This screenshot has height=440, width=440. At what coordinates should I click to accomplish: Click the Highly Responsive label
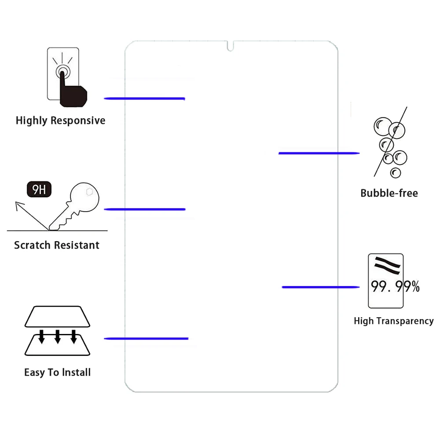(60, 121)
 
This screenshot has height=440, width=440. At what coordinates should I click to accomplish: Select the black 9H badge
(39, 190)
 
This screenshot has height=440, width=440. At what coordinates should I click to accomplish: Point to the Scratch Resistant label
(57, 245)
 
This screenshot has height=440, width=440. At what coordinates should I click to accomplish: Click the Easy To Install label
(57, 372)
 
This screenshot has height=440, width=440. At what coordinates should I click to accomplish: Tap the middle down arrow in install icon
(57, 336)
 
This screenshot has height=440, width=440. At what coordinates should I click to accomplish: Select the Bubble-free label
(389, 193)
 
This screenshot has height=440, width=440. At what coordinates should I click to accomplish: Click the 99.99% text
(395, 287)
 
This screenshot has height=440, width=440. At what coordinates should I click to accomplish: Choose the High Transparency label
(393, 321)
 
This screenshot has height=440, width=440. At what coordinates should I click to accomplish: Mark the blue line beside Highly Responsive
(144, 98)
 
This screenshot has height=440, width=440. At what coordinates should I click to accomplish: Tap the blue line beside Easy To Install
(146, 338)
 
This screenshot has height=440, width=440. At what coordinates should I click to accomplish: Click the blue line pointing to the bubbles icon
(319, 153)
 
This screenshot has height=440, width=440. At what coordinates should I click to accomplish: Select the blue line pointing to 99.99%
(321, 287)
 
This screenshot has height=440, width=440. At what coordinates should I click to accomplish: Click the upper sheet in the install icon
(58, 316)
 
